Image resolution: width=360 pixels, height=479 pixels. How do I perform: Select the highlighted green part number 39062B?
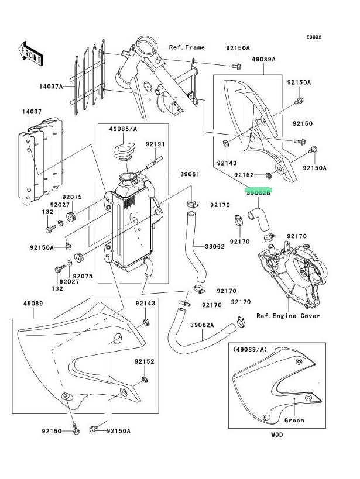point(258,191)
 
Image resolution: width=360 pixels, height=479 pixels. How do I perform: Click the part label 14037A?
point(52,87)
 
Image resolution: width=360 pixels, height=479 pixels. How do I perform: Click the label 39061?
point(182,174)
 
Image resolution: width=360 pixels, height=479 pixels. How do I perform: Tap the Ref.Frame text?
point(187,47)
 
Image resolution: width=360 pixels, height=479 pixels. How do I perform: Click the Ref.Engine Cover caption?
point(288,316)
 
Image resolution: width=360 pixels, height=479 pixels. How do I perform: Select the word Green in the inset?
point(294,420)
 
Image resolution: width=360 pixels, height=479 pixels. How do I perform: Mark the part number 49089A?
point(264,59)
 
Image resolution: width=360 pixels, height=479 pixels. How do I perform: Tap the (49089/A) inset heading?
point(252,349)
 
